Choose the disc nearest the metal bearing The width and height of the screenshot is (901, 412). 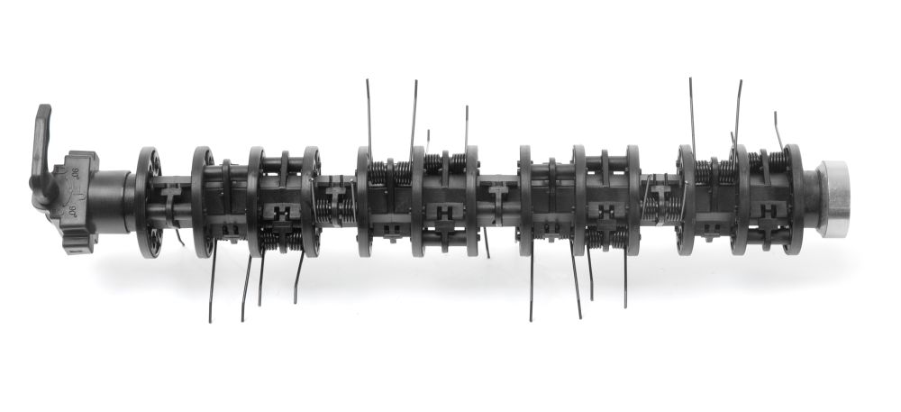coord(793,198)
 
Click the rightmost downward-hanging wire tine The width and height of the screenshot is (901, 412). coord(625,279)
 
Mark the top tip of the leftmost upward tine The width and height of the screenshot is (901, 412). coord(367,81)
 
